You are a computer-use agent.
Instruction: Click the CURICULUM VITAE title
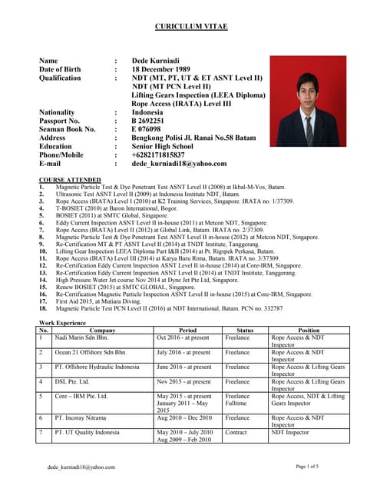point(190,27)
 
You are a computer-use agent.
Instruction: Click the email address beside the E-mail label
point(179,164)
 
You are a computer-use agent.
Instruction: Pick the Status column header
point(245,330)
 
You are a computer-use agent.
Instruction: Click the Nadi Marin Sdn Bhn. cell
point(82,337)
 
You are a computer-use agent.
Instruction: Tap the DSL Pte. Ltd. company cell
point(71,381)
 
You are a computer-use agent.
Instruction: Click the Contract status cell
point(238,433)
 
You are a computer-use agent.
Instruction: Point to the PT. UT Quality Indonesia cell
point(87,433)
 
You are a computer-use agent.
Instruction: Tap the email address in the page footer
point(81,467)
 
